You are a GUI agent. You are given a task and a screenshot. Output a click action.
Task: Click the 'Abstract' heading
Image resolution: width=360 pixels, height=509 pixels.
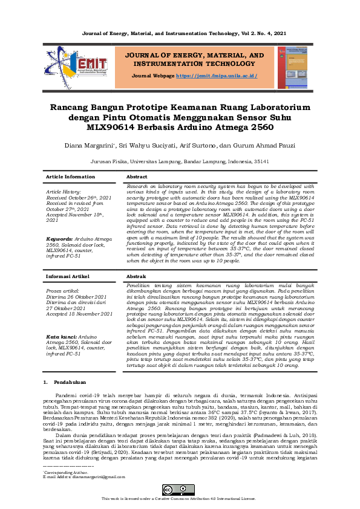(137, 177)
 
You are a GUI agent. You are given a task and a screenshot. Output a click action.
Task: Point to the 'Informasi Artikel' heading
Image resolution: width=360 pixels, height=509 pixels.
(69, 276)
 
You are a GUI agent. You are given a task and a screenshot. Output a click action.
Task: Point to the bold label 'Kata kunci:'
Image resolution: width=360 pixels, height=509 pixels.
(61, 336)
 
